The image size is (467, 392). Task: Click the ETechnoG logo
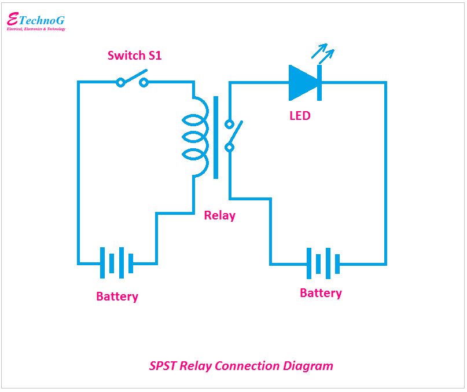point(35,20)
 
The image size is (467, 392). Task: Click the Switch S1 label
point(134,56)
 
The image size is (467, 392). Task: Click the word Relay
point(220,215)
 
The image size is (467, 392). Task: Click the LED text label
point(300,116)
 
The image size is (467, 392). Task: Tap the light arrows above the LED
point(322,54)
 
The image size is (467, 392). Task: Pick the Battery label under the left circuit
point(117,296)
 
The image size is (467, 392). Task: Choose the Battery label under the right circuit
point(321,293)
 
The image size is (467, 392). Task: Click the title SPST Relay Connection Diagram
point(241,366)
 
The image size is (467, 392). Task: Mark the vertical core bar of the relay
point(216,137)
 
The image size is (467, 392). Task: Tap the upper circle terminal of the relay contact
point(229,124)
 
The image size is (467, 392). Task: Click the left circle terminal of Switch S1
point(120,83)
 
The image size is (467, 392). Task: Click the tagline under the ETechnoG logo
point(36,29)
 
